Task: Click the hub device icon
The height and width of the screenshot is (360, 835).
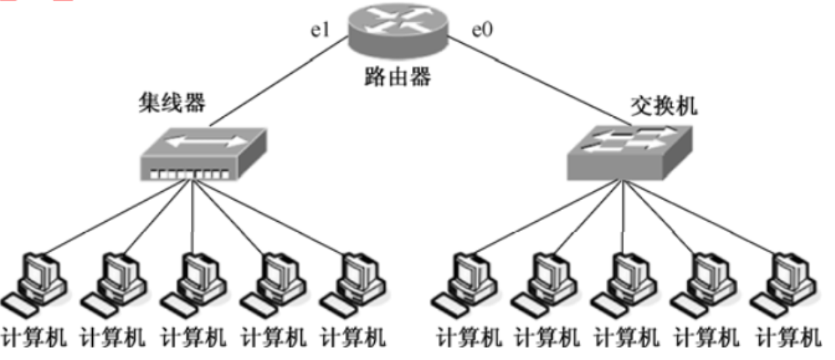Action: (203, 154)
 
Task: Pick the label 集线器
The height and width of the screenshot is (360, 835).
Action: (173, 104)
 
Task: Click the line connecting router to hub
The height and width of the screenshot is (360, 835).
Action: (278, 87)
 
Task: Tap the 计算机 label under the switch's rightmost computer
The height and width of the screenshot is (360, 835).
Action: (786, 337)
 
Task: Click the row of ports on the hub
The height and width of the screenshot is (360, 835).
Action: (190, 174)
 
